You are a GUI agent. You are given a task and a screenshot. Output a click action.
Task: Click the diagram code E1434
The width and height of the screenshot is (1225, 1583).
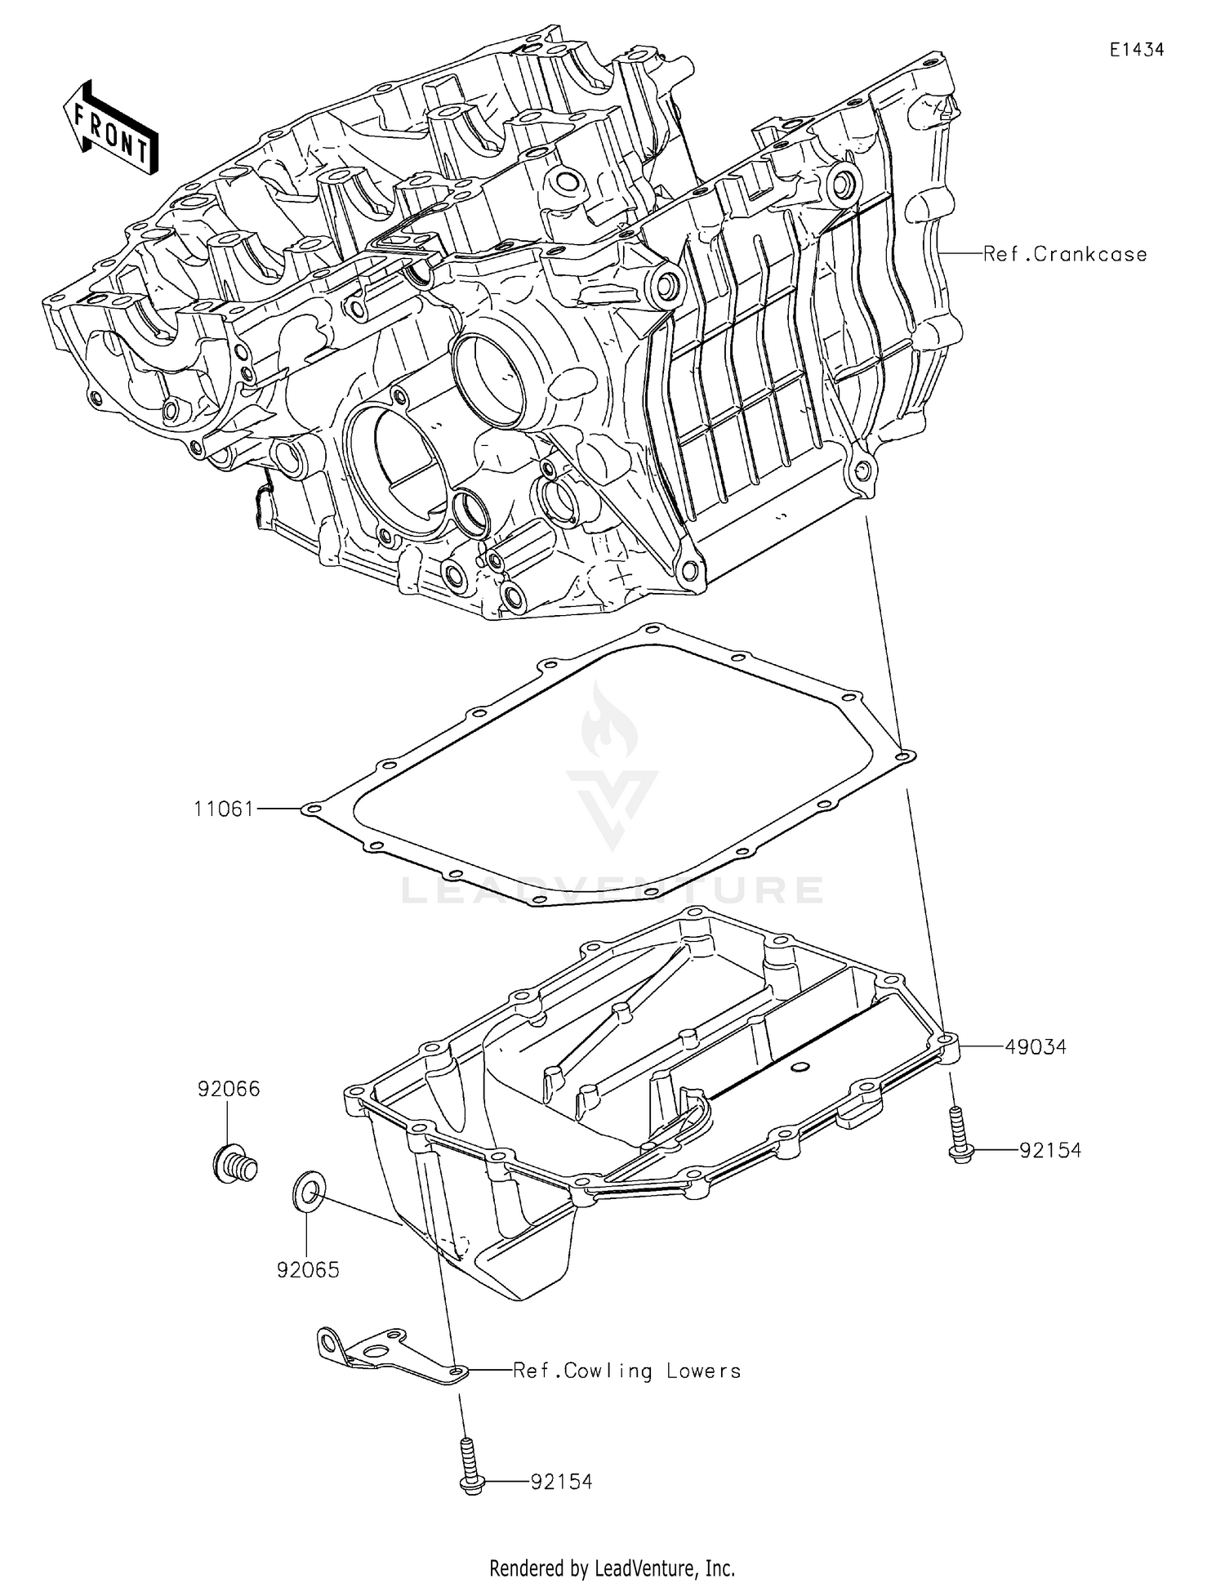pos(1136,50)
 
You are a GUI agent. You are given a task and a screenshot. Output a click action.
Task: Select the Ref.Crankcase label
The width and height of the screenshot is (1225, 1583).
pos(1065,254)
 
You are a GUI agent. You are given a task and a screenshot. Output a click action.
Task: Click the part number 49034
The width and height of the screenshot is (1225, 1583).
pos(1036,1047)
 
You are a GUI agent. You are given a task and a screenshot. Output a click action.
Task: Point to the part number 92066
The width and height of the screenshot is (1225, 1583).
pos(229,1089)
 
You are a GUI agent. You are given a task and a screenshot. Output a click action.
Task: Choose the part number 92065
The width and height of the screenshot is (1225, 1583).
pos(308,1270)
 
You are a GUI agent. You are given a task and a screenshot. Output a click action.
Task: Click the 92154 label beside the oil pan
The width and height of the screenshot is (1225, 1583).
pos(1050,1150)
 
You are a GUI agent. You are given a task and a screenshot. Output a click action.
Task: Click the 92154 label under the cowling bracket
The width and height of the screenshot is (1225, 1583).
pos(561,1481)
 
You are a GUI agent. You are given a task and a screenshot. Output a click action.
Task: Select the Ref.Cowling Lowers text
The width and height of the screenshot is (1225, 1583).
pos(626,1371)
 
